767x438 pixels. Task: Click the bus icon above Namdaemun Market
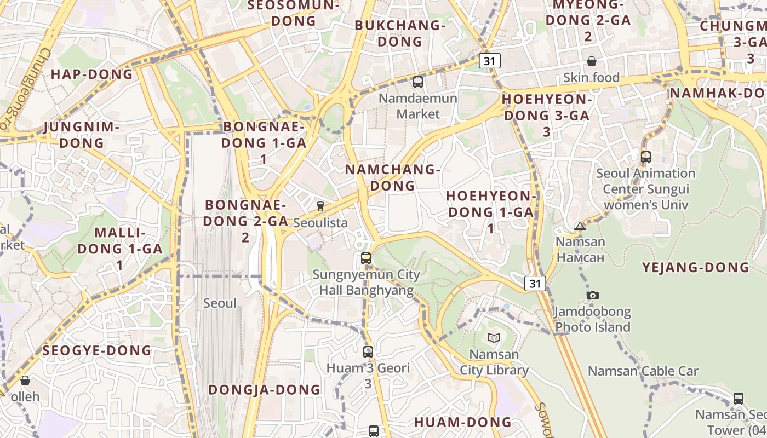(x=417, y=83)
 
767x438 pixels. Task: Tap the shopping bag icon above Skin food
(x=592, y=61)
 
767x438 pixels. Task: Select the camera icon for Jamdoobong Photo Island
(x=592, y=296)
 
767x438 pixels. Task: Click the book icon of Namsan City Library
(x=494, y=338)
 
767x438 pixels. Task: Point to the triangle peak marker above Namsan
(x=580, y=226)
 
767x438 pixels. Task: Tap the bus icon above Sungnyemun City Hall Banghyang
(x=366, y=258)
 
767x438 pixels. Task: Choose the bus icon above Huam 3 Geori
(x=368, y=352)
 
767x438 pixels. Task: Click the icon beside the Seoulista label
(x=320, y=206)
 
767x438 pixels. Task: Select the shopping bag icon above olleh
(x=25, y=380)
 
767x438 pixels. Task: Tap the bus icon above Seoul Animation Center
(x=645, y=157)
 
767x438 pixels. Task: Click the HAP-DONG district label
(x=92, y=74)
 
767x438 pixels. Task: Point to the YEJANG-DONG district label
(x=695, y=268)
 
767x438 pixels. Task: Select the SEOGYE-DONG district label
(x=96, y=350)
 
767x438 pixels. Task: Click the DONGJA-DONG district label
(x=264, y=390)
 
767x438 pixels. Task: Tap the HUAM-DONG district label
(x=462, y=422)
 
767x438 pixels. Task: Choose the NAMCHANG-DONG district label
(x=392, y=177)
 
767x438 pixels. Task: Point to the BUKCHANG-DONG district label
(x=399, y=33)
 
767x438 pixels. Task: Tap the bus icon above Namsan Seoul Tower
(x=739, y=399)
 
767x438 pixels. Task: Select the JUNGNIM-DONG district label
(x=81, y=135)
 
